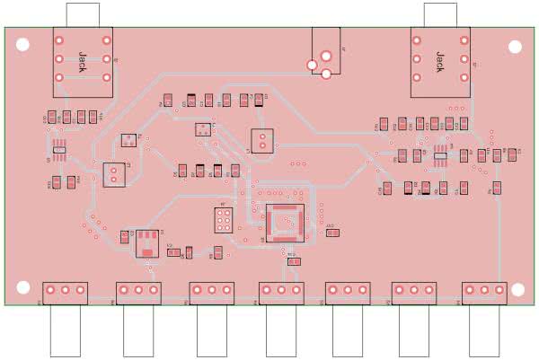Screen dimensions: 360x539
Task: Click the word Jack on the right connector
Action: click(439, 60)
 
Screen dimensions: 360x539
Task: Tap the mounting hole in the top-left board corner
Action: click(22, 43)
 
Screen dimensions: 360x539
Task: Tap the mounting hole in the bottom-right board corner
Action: click(516, 287)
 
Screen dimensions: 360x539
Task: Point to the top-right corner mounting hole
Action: click(516, 47)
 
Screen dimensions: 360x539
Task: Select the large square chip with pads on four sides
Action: click(285, 222)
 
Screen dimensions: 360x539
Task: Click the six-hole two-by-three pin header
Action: click(223, 220)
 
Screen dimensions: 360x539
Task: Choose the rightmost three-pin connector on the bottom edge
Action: click(485, 291)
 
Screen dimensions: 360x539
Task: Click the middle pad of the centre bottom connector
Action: click(281, 290)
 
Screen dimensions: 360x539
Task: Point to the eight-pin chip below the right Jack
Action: click(439, 154)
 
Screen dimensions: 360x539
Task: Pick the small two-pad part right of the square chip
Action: click(332, 233)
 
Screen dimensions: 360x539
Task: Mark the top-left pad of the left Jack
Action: click(59, 40)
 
